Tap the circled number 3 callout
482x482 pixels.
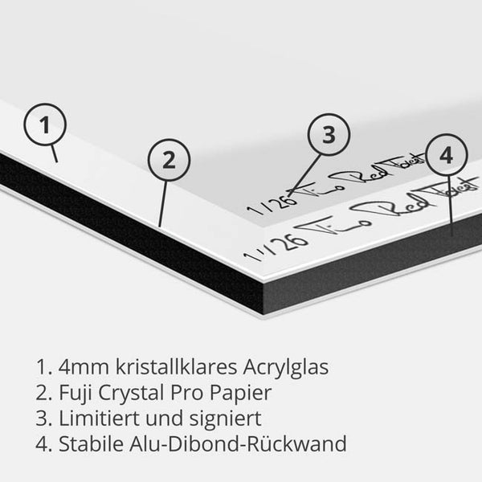tap(327, 135)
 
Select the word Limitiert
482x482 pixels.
tap(96, 419)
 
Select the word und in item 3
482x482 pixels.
tap(165, 419)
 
